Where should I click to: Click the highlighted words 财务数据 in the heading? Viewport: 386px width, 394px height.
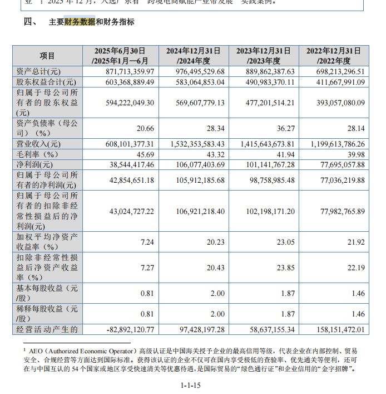click(80, 22)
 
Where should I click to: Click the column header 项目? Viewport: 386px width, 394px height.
click(47, 56)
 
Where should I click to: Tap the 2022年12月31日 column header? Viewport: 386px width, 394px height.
click(335, 56)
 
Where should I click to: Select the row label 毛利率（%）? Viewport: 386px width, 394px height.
click(36, 154)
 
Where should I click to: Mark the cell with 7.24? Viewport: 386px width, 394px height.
click(146, 242)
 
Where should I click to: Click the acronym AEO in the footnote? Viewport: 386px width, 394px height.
click(36, 352)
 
